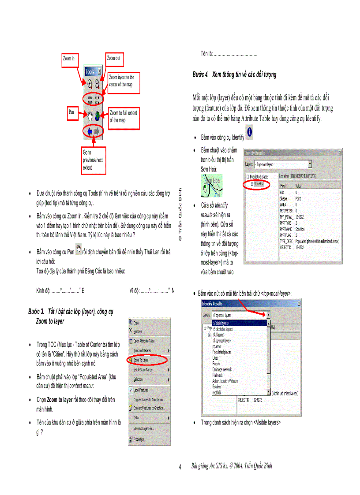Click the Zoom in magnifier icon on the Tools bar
pos(90,82)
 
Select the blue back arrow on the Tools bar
pos(90,131)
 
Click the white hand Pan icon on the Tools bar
pos(90,116)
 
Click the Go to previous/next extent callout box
pos(93,160)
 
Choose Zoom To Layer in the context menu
pos(141,360)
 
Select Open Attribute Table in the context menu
pos(144,341)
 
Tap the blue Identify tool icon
pos(250,132)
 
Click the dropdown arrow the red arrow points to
pos(268,315)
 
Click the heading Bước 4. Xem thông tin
pos(234,74)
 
